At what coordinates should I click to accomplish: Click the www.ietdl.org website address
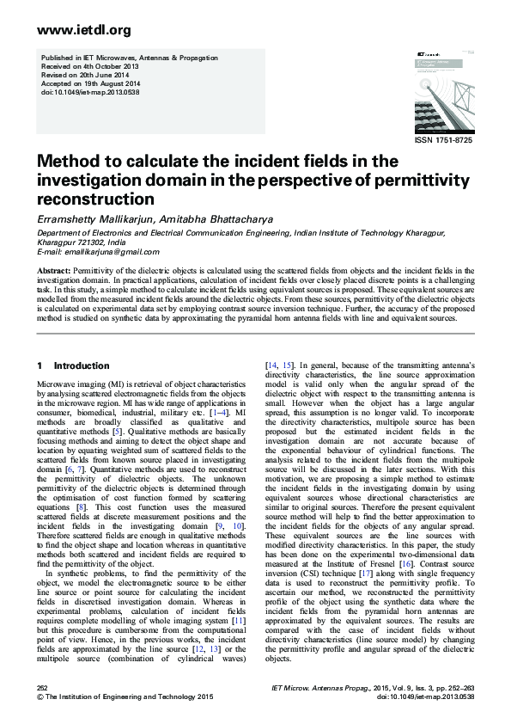pyautogui.click(x=72, y=30)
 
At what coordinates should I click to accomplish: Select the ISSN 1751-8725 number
pyautogui.click(x=443, y=139)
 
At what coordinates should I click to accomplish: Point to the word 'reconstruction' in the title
pyautogui.click(x=98, y=198)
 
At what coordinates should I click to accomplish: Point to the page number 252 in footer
pyautogui.click(x=42, y=688)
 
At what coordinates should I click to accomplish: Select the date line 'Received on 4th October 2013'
pyautogui.click(x=85, y=64)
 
